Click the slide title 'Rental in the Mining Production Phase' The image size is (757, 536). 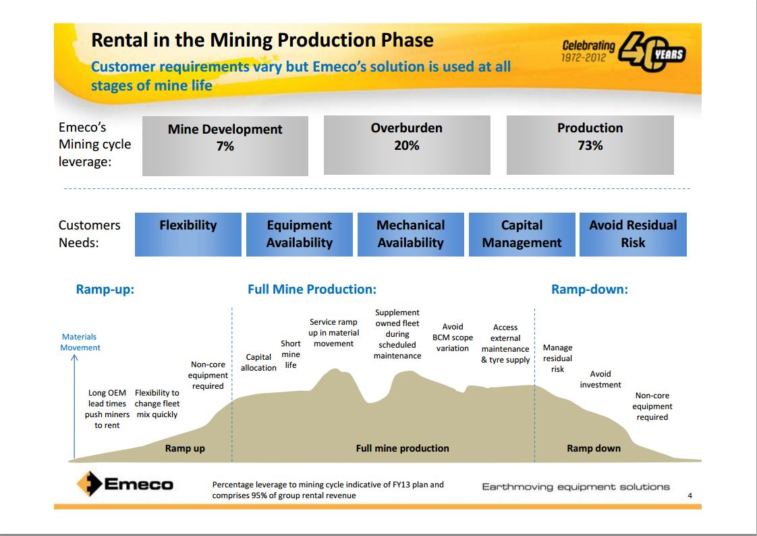262,40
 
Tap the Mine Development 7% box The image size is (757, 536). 225,146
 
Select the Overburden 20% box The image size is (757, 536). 407,145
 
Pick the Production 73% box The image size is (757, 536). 590,145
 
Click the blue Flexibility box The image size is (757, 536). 188,234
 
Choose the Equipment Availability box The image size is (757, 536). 299,234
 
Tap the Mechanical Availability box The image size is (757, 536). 410,234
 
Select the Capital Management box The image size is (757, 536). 522,234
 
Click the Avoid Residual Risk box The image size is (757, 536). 633,234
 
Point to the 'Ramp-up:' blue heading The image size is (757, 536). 105,290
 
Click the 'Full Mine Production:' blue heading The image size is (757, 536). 312,290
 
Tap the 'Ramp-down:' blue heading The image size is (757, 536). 589,290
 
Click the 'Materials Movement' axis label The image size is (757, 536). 80,342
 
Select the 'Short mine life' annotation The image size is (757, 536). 291,354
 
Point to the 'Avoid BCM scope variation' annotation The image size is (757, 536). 452,338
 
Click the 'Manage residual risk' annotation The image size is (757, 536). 557,358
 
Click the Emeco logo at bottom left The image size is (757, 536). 125,484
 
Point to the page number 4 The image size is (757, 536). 690,496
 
